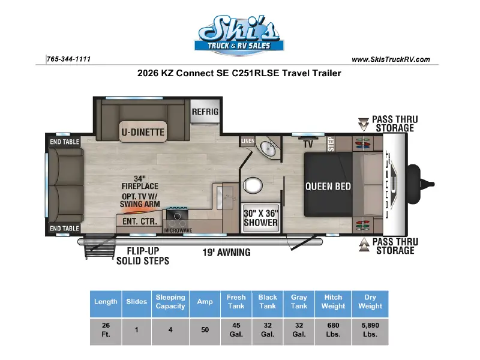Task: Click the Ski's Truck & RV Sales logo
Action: (239, 35)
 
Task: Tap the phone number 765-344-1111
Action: (68, 59)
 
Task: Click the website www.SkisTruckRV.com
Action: (391, 59)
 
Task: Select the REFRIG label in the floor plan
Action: (205, 112)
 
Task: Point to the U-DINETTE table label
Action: (143, 132)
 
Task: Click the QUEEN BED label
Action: (328, 186)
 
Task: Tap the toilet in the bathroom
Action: (253, 185)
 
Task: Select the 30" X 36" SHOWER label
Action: (261, 218)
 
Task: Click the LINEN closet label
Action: (248, 141)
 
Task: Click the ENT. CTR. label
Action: (140, 221)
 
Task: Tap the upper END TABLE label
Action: (65, 142)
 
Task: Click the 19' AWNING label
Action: (227, 253)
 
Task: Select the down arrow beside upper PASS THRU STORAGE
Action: (364, 124)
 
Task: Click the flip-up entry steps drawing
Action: (97, 247)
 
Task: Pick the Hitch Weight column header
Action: (333, 302)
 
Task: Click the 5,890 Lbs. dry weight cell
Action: (370, 329)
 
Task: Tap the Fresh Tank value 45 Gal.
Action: (236, 329)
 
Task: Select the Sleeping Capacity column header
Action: (170, 302)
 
